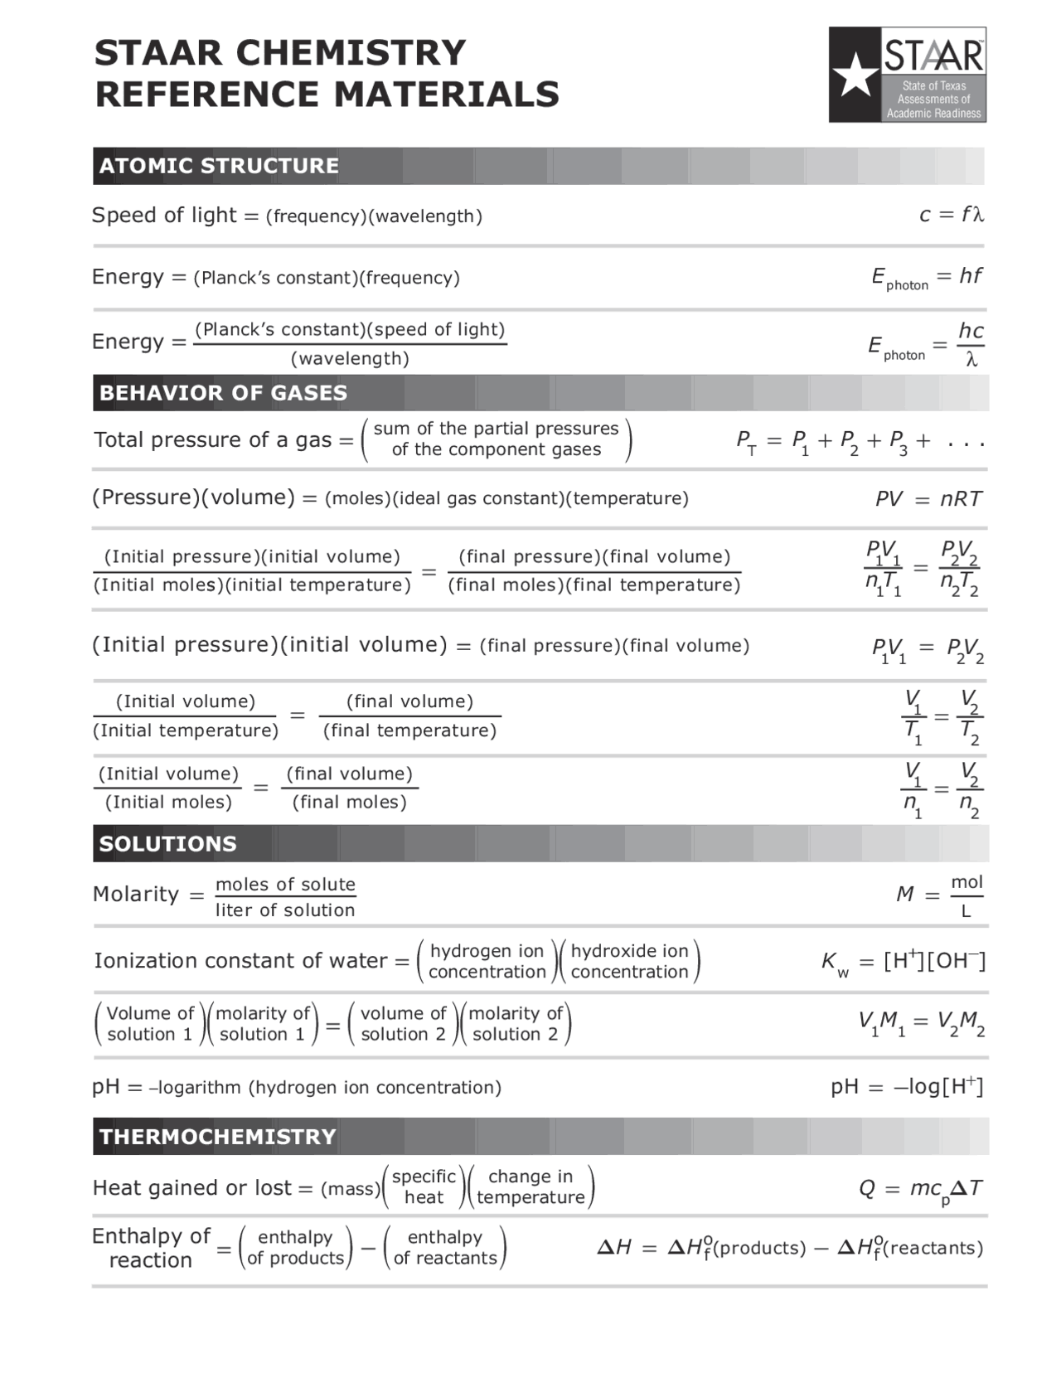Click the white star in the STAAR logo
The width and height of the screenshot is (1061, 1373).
click(855, 75)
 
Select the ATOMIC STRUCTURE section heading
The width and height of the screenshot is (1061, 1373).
click(219, 166)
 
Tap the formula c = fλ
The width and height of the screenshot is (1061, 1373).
click(951, 215)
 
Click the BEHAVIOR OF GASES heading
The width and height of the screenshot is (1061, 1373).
click(223, 393)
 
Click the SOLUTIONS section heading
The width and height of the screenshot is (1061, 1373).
click(167, 844)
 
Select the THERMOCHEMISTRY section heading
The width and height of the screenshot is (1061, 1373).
click(217, 1137)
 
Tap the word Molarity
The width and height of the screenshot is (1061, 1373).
click(136, 895)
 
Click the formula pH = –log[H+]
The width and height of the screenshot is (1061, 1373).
click(906, 1087)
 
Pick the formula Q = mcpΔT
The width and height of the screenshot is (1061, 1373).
click(920, 1189)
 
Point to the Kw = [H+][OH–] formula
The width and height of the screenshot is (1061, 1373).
click(903, 962)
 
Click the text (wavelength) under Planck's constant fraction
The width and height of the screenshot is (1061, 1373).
click(350, 359)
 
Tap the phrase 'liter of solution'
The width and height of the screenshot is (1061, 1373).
click(285, 910)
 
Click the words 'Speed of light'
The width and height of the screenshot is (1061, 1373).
click(164, 216)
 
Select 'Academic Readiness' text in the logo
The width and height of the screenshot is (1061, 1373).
click(933, 114)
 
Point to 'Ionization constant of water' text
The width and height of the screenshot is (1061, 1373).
click(240, 961)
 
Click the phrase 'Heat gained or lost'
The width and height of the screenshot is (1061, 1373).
click(191, 1188)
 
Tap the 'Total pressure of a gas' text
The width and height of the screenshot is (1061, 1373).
click(213, 440)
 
